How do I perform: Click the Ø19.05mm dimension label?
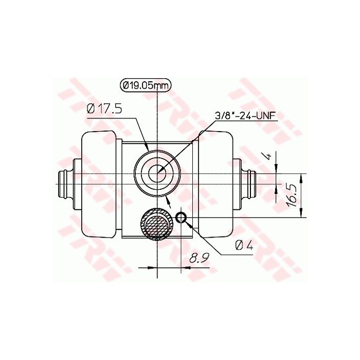[x=145, y=86]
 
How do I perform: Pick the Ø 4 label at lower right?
[x=244, y=245]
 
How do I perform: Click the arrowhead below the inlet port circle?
[x=168, y=199]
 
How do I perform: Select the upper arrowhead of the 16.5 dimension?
[x=301, y=177]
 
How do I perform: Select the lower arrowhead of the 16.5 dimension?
[x=301, y=215]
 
